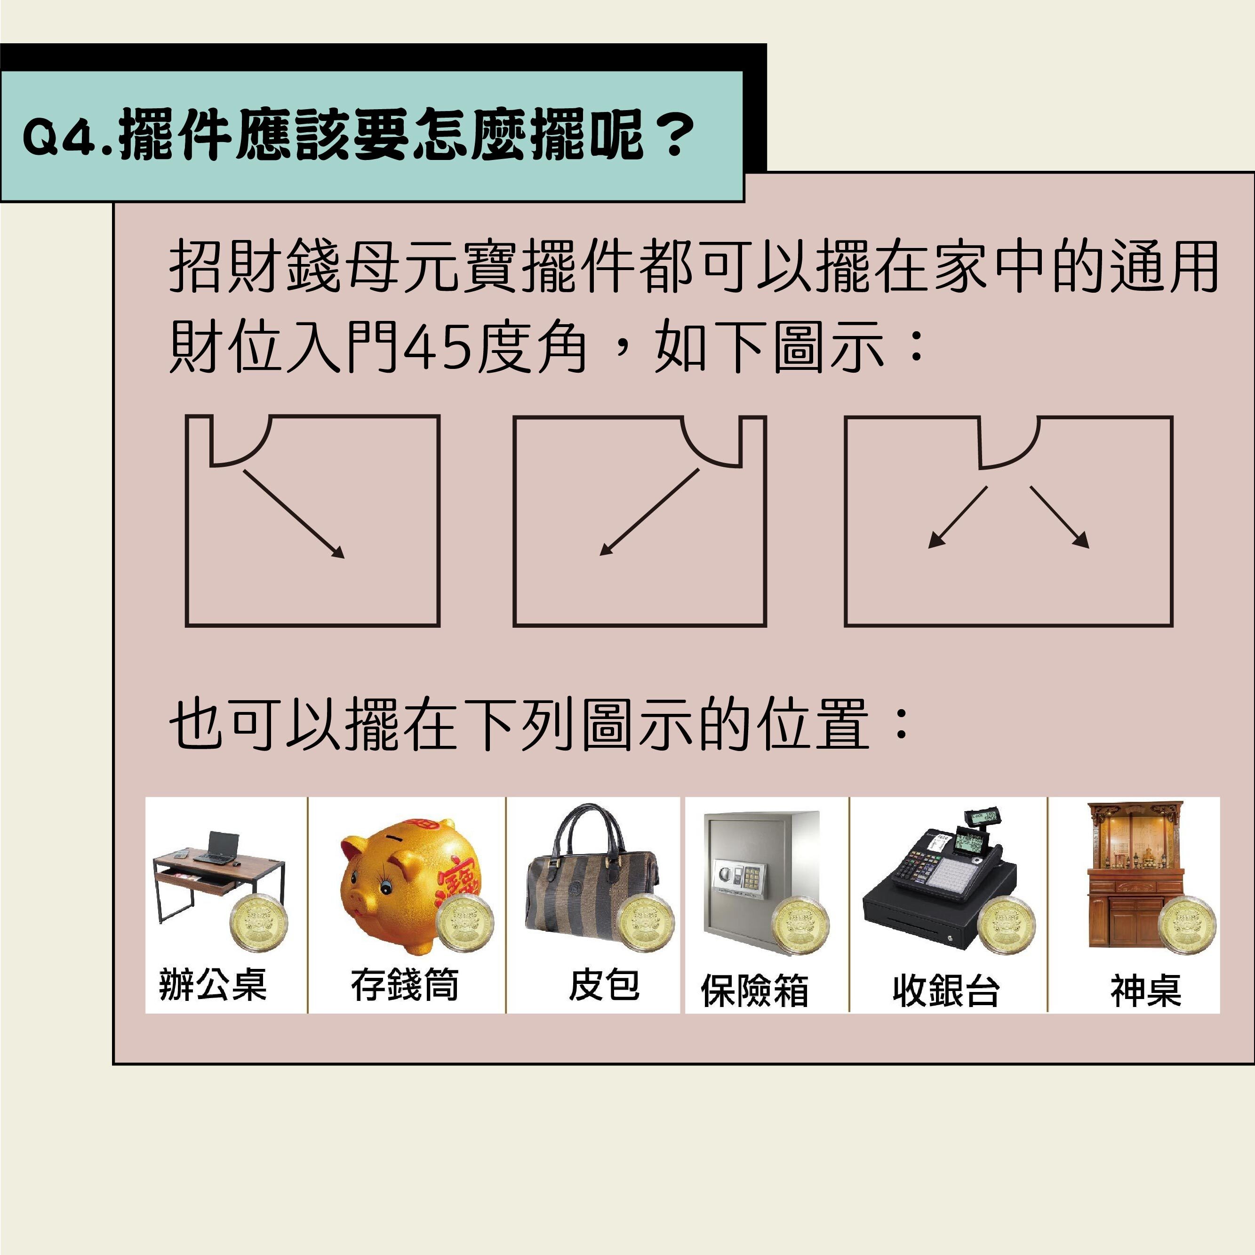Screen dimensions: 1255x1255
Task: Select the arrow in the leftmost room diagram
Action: click(x=293, y=514)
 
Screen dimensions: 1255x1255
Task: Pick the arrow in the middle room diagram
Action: click(x=649, y=512)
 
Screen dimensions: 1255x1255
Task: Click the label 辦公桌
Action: click(x=212, y=985)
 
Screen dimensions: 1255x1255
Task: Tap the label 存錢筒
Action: click(x=405, y=985)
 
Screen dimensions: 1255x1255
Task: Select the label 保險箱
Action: click(x=754, y=991)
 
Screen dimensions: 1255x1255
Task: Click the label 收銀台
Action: click(x=945, y=991)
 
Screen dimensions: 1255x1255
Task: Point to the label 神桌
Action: click(x=1145, y=991)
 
